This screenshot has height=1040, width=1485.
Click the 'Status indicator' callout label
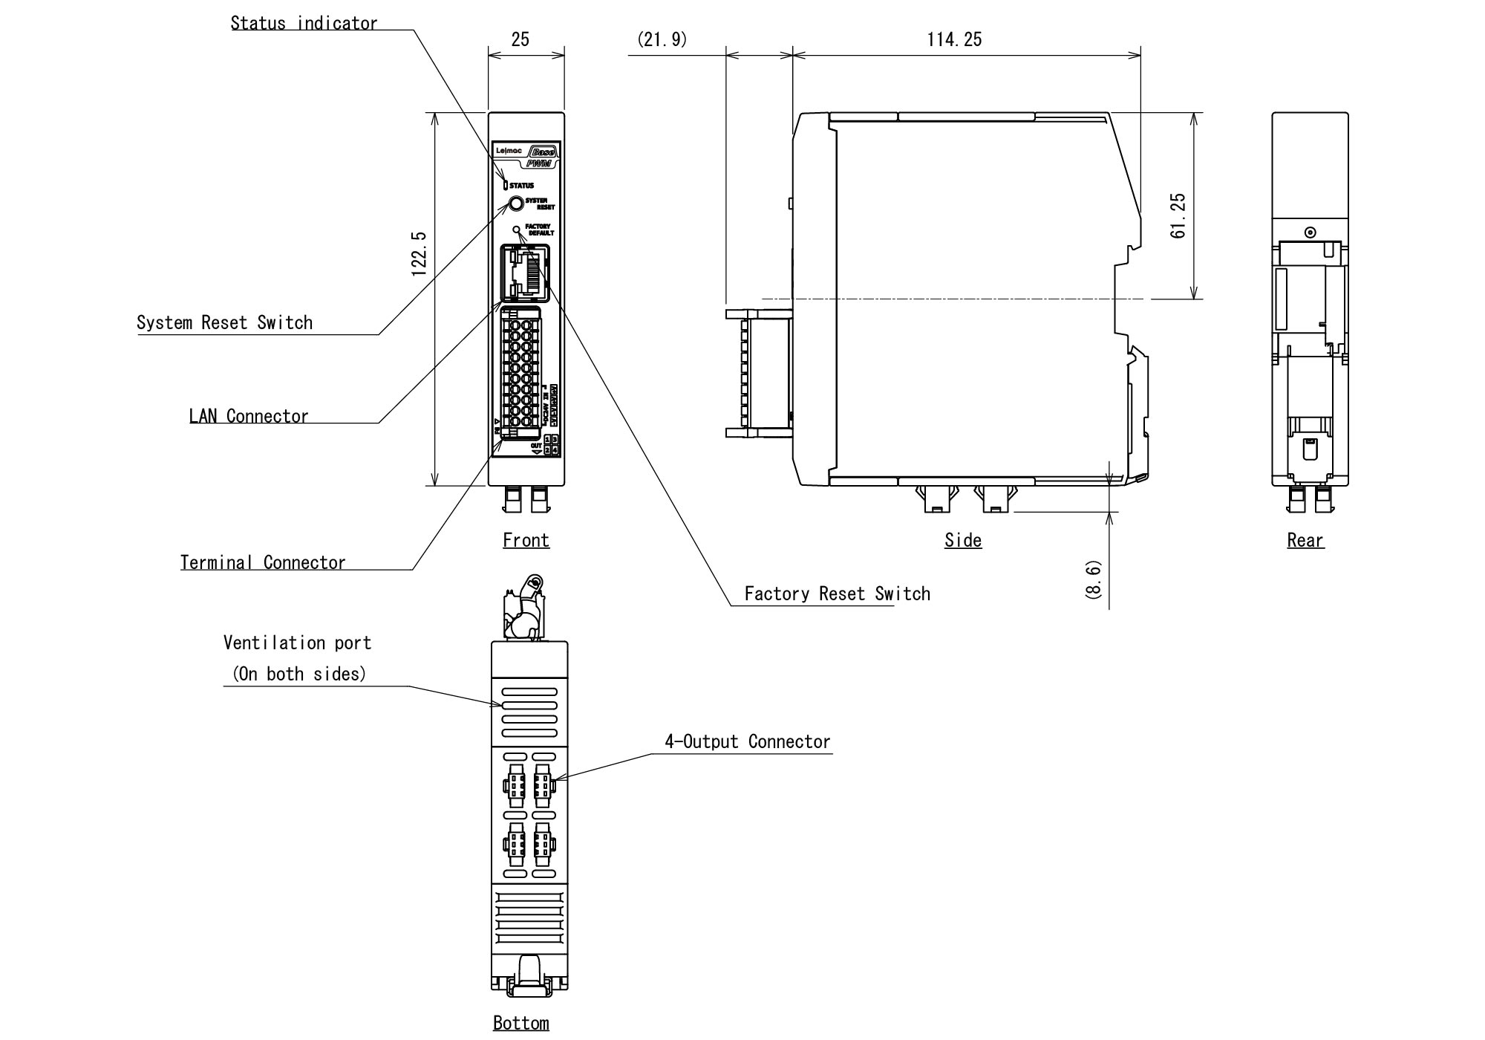304,24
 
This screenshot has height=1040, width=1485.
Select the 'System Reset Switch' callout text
224,323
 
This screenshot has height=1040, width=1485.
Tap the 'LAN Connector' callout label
249,416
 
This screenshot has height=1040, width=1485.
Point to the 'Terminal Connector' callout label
263,562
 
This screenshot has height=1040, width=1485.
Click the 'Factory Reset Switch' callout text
837,594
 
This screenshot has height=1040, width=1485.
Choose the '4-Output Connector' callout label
747,741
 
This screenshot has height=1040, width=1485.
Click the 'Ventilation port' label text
297,643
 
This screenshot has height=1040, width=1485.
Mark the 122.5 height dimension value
419,254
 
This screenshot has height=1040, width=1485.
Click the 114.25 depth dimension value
954,39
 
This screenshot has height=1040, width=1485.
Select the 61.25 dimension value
1178,215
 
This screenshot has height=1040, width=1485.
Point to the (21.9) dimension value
662,39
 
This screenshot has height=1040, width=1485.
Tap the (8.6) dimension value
1093,579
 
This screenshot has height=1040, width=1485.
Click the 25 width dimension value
520,39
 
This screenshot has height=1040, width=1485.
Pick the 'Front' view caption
526,540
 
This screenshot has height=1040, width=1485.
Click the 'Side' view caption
963,540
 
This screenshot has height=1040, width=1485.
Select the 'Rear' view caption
1305,540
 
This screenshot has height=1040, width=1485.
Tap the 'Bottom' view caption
521,1023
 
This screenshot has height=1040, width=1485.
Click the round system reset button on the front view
516,204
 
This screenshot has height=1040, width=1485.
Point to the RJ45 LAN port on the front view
526,273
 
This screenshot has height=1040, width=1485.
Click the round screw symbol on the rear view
1311,233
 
